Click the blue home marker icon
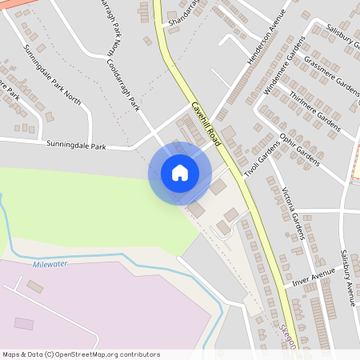click(179, 173)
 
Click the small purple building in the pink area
click(25, 323)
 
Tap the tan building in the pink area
click(34, 286)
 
